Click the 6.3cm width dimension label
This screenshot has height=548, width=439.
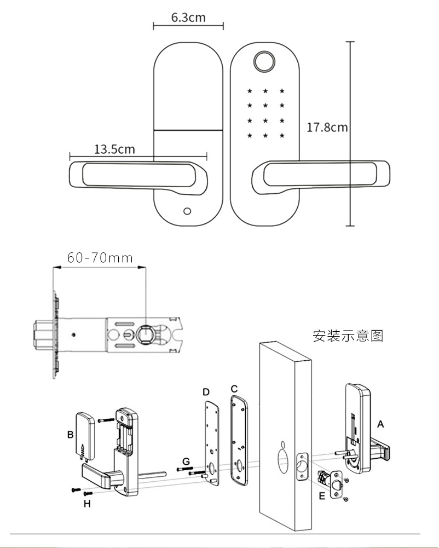click(188, 17)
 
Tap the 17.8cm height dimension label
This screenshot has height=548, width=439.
click(327, 128)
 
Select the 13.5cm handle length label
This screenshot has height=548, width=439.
click(114, 149)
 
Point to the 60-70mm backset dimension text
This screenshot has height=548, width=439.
click(100, 257)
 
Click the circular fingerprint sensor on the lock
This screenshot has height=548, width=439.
click(265, 62)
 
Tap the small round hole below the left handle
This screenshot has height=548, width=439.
click(188, 211)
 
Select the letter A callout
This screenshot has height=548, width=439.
click(381, 424)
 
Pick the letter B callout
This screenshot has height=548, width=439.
click(71, 435)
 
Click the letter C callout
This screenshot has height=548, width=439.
click(234, 389)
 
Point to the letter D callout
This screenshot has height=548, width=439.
click(206, 392)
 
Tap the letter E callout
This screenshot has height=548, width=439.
click(322, 496)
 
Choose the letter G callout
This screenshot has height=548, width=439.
click(186, 462)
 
